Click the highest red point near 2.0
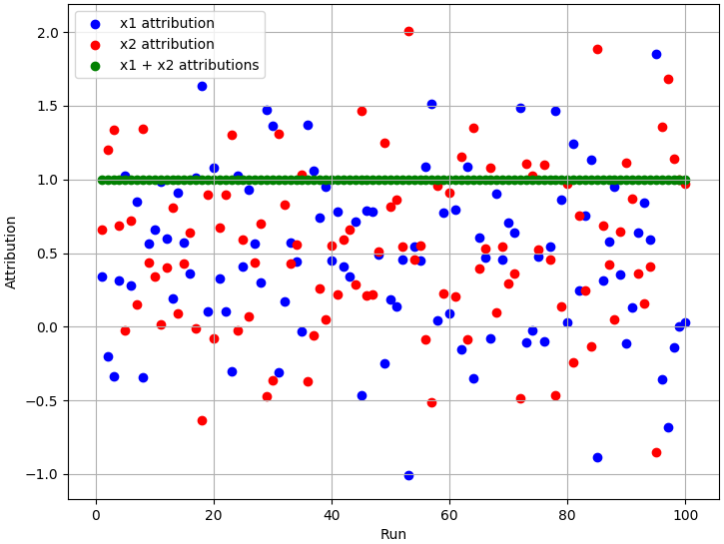click(x=408, y=31)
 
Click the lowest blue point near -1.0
click(x=408, y=475)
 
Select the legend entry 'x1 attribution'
click(x=167, y=24)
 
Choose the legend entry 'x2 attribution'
click(x=167, y=45)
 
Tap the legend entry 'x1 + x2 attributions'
click(x=189, y=66)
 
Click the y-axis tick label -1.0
click(x=44, y=474)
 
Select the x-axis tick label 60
click(x=449, y=515)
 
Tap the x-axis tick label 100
click(x=685, y=515)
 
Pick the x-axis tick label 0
click(x=96, y=515)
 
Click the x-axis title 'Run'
click(x=393, y=534)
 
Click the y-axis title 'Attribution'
click(x=12, y=252)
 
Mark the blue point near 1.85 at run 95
click(x=656, y=54)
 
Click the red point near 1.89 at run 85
click(x=597, y=49)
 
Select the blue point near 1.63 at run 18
click(x=202, y=86)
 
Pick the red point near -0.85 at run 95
click(x=656, y=452)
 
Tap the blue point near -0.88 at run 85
click(x=597, y=457)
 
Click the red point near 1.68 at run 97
click(x=668, y=79)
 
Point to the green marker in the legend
click(x=94, y=66)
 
